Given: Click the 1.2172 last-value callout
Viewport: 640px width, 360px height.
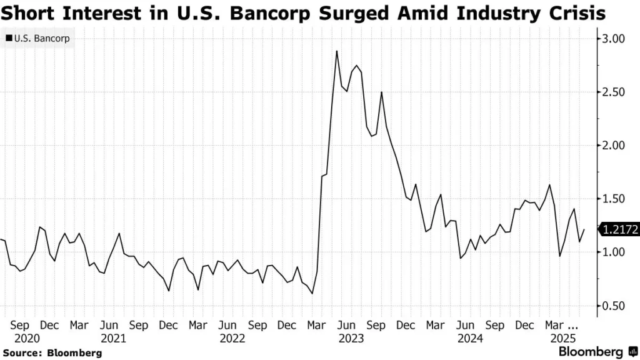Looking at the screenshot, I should tap(619, 230).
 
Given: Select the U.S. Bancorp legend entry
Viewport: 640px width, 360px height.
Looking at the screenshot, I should tap(37, 39).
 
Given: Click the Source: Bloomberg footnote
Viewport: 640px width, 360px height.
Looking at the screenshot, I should tap(52, 353).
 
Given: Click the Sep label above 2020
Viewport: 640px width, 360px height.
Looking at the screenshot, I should tap(20, 325).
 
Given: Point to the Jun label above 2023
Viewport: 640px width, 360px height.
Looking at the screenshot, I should tap(347, 325).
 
